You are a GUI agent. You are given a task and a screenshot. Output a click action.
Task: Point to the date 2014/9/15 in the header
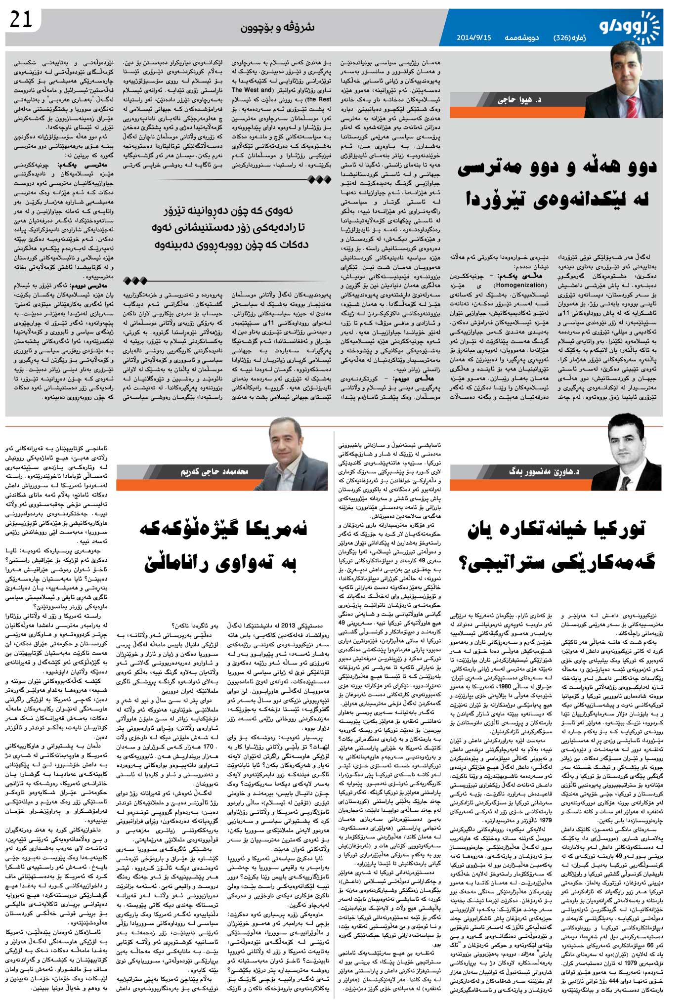click(x=473, y=38)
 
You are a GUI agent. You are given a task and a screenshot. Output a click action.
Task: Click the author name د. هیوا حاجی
click(x=519, y=100)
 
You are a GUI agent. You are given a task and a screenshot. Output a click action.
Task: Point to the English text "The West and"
click(x=252, y=90)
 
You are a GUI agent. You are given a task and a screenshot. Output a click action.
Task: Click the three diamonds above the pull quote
click(x=319, y=180)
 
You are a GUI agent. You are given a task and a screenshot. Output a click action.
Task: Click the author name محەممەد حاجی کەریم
click(x=214, y=472)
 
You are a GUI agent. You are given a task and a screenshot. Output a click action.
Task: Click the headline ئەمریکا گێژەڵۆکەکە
click(x=223, y=530)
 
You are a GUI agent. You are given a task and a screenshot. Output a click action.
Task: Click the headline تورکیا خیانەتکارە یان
click(x=557, y=530)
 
